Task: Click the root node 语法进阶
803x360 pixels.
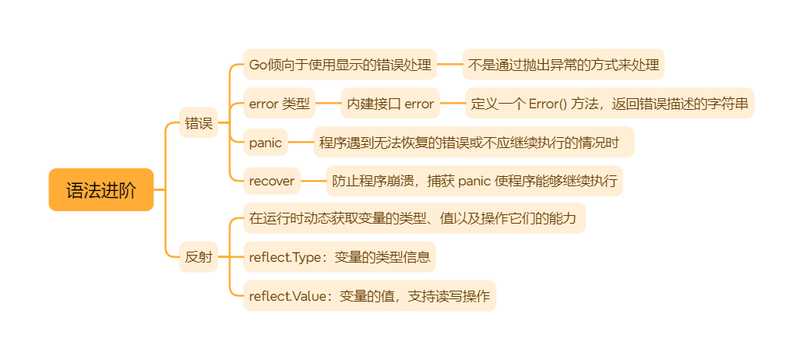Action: [x=101, y=190]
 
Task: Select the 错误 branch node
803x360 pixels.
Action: [x=198, y=123]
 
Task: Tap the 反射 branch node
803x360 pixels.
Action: [x=198, y=256]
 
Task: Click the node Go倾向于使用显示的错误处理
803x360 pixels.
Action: [x=340, y=65]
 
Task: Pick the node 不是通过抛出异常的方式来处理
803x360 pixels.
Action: [x=563, y=65]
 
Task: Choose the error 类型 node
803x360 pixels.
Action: [x=280, y=104]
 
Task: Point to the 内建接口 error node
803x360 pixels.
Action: [x=390, y=104]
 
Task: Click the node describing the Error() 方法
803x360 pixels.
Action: [x=610, y=104]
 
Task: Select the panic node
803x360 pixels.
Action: [x=266, y=143]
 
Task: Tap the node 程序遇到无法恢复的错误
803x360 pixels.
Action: [x=474, y=143]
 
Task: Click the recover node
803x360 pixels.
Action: [x=272, y=182]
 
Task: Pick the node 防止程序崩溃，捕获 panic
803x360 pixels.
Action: [x=474, y=182]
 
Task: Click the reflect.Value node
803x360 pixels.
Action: [x=369, y=296]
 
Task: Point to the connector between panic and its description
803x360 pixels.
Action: [x=301, y=143]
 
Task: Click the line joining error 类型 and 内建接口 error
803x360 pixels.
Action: [x=328, y=104]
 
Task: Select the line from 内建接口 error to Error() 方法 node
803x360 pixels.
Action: [x=453, y=104]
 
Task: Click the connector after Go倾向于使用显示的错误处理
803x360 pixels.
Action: [x=449, y=65]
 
